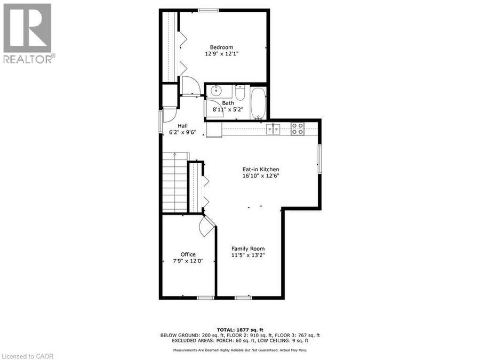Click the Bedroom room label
pyautogui.click(x=221, y=47)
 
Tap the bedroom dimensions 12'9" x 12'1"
pyautogui.click(x=221, y=54)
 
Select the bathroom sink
pyautogui.click(x=217, y=90)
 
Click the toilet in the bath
pyautogui.click(x=240, y=93)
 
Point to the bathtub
pyautogui.click(x=258, y=103)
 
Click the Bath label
pyautogui.click(x=228, y=103)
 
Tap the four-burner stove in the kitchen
pyautogui.click(x=297, y=129)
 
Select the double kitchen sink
pyautogui.click(x=273, y=129)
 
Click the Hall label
pyautogui.click(x=182, y=125)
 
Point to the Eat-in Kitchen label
pyautogui.click(x=261, y=169)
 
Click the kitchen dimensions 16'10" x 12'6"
pyautogui.click(x=261, y=175)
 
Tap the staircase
pyautogui.click(x=175, y=182)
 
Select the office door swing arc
pyautogui.click(x=204, y=227)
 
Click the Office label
pyautogui.click(x=188, y=254)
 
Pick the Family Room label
pyautogui.click(x=248, y=249)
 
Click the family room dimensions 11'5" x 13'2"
pyautogui.click(x=248, y=255)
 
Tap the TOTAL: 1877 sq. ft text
pyautogui.click(x=240, y=330)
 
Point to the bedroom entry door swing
pyautogui.click(x=191, y=85)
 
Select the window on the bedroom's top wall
pyautogui.click(x=208, y=11)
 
